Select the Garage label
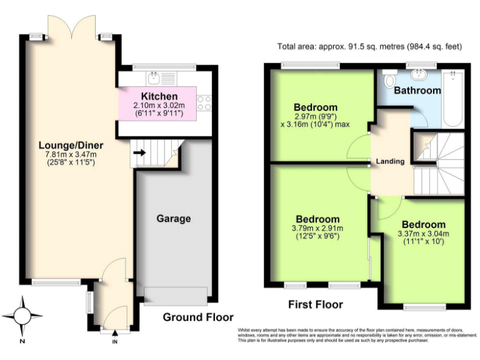tap(173, 219)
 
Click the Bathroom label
tap(417, 91)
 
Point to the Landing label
tap(390, 161)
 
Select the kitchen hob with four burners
tap(204, 102)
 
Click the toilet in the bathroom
tap(389, 80)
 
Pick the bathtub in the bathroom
tap(452, 97)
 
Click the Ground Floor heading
tap(198, 317)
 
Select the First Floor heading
tap(315, 305)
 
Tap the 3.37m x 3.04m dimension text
tap(423, 234)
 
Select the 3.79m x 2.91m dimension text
tap(317, 228)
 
